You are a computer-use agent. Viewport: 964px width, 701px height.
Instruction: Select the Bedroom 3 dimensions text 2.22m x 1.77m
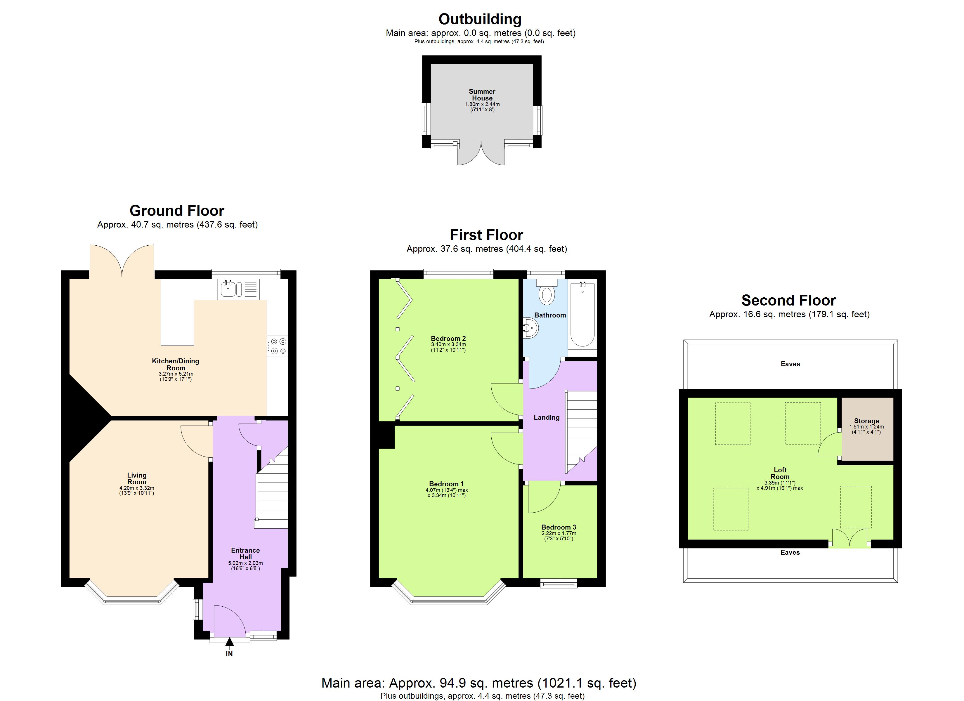[559, 533]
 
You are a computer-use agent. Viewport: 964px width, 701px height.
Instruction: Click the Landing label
[546, 417]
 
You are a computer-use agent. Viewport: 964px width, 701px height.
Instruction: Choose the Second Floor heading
[788, 301]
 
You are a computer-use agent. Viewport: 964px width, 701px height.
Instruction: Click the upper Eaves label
[790, 364]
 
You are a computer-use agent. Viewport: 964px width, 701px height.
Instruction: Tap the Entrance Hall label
[245, 553]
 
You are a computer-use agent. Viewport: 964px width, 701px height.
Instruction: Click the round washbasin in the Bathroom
[531, 328]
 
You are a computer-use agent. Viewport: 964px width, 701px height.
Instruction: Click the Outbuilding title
[480, 19]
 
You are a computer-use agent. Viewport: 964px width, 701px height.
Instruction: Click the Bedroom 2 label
[448, 339]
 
